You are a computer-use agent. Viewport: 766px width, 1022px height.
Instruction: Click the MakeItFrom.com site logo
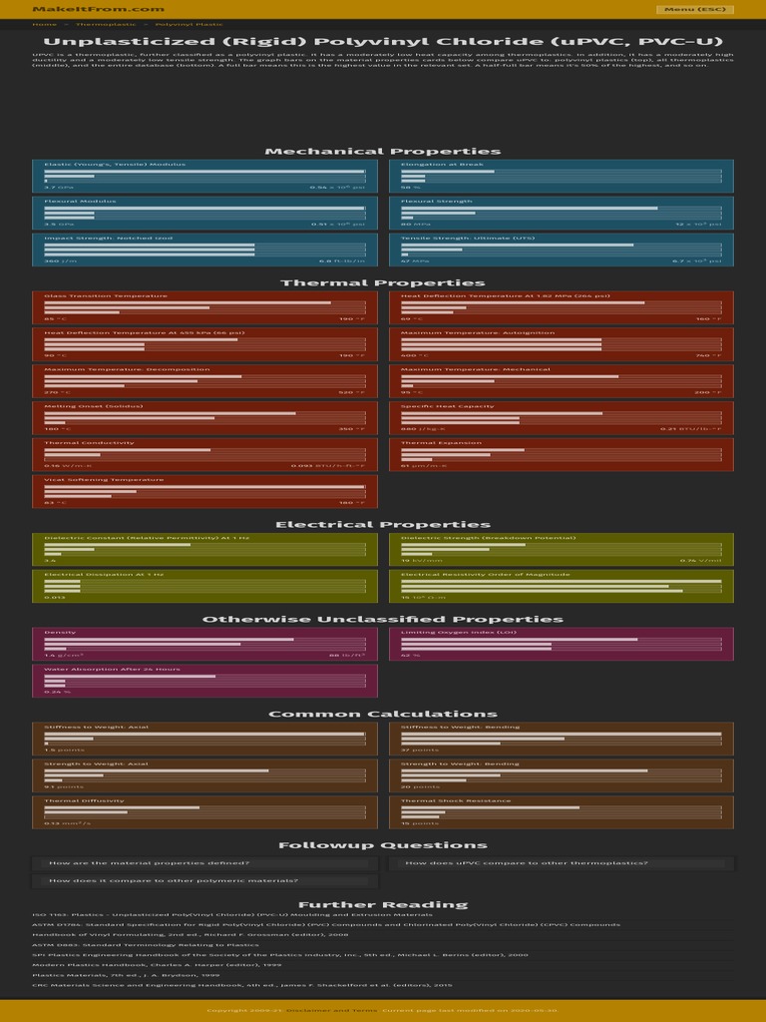(98, 9)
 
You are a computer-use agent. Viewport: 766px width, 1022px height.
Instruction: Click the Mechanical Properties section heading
(383, 151)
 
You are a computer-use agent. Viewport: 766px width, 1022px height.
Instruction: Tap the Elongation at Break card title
(442, 164)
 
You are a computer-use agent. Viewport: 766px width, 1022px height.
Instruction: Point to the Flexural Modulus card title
(80, 201)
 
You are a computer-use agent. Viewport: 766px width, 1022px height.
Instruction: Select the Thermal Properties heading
(383, 282)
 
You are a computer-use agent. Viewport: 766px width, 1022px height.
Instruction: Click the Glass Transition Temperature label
(106, 295)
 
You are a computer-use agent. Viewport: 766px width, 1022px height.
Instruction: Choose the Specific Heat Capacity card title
(447, 406)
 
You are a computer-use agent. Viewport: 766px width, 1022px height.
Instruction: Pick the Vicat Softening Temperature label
(104, 479)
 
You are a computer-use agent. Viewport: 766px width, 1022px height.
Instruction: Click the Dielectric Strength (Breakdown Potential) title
(488, 538)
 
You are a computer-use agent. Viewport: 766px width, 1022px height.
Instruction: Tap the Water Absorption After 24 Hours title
(112, 669)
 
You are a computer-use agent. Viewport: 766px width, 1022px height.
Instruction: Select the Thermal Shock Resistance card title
(455, 800)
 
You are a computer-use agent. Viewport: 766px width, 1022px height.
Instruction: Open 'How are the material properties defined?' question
(150, 863)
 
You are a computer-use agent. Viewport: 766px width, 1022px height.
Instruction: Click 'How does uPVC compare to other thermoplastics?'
(527, 863)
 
